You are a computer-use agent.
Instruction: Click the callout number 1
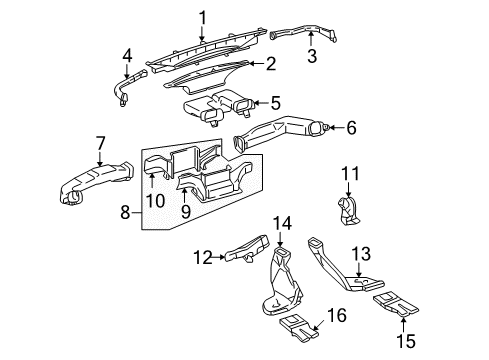202,16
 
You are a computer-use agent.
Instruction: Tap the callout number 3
311,57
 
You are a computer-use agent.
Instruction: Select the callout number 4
127,55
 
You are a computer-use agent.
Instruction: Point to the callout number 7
101,143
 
